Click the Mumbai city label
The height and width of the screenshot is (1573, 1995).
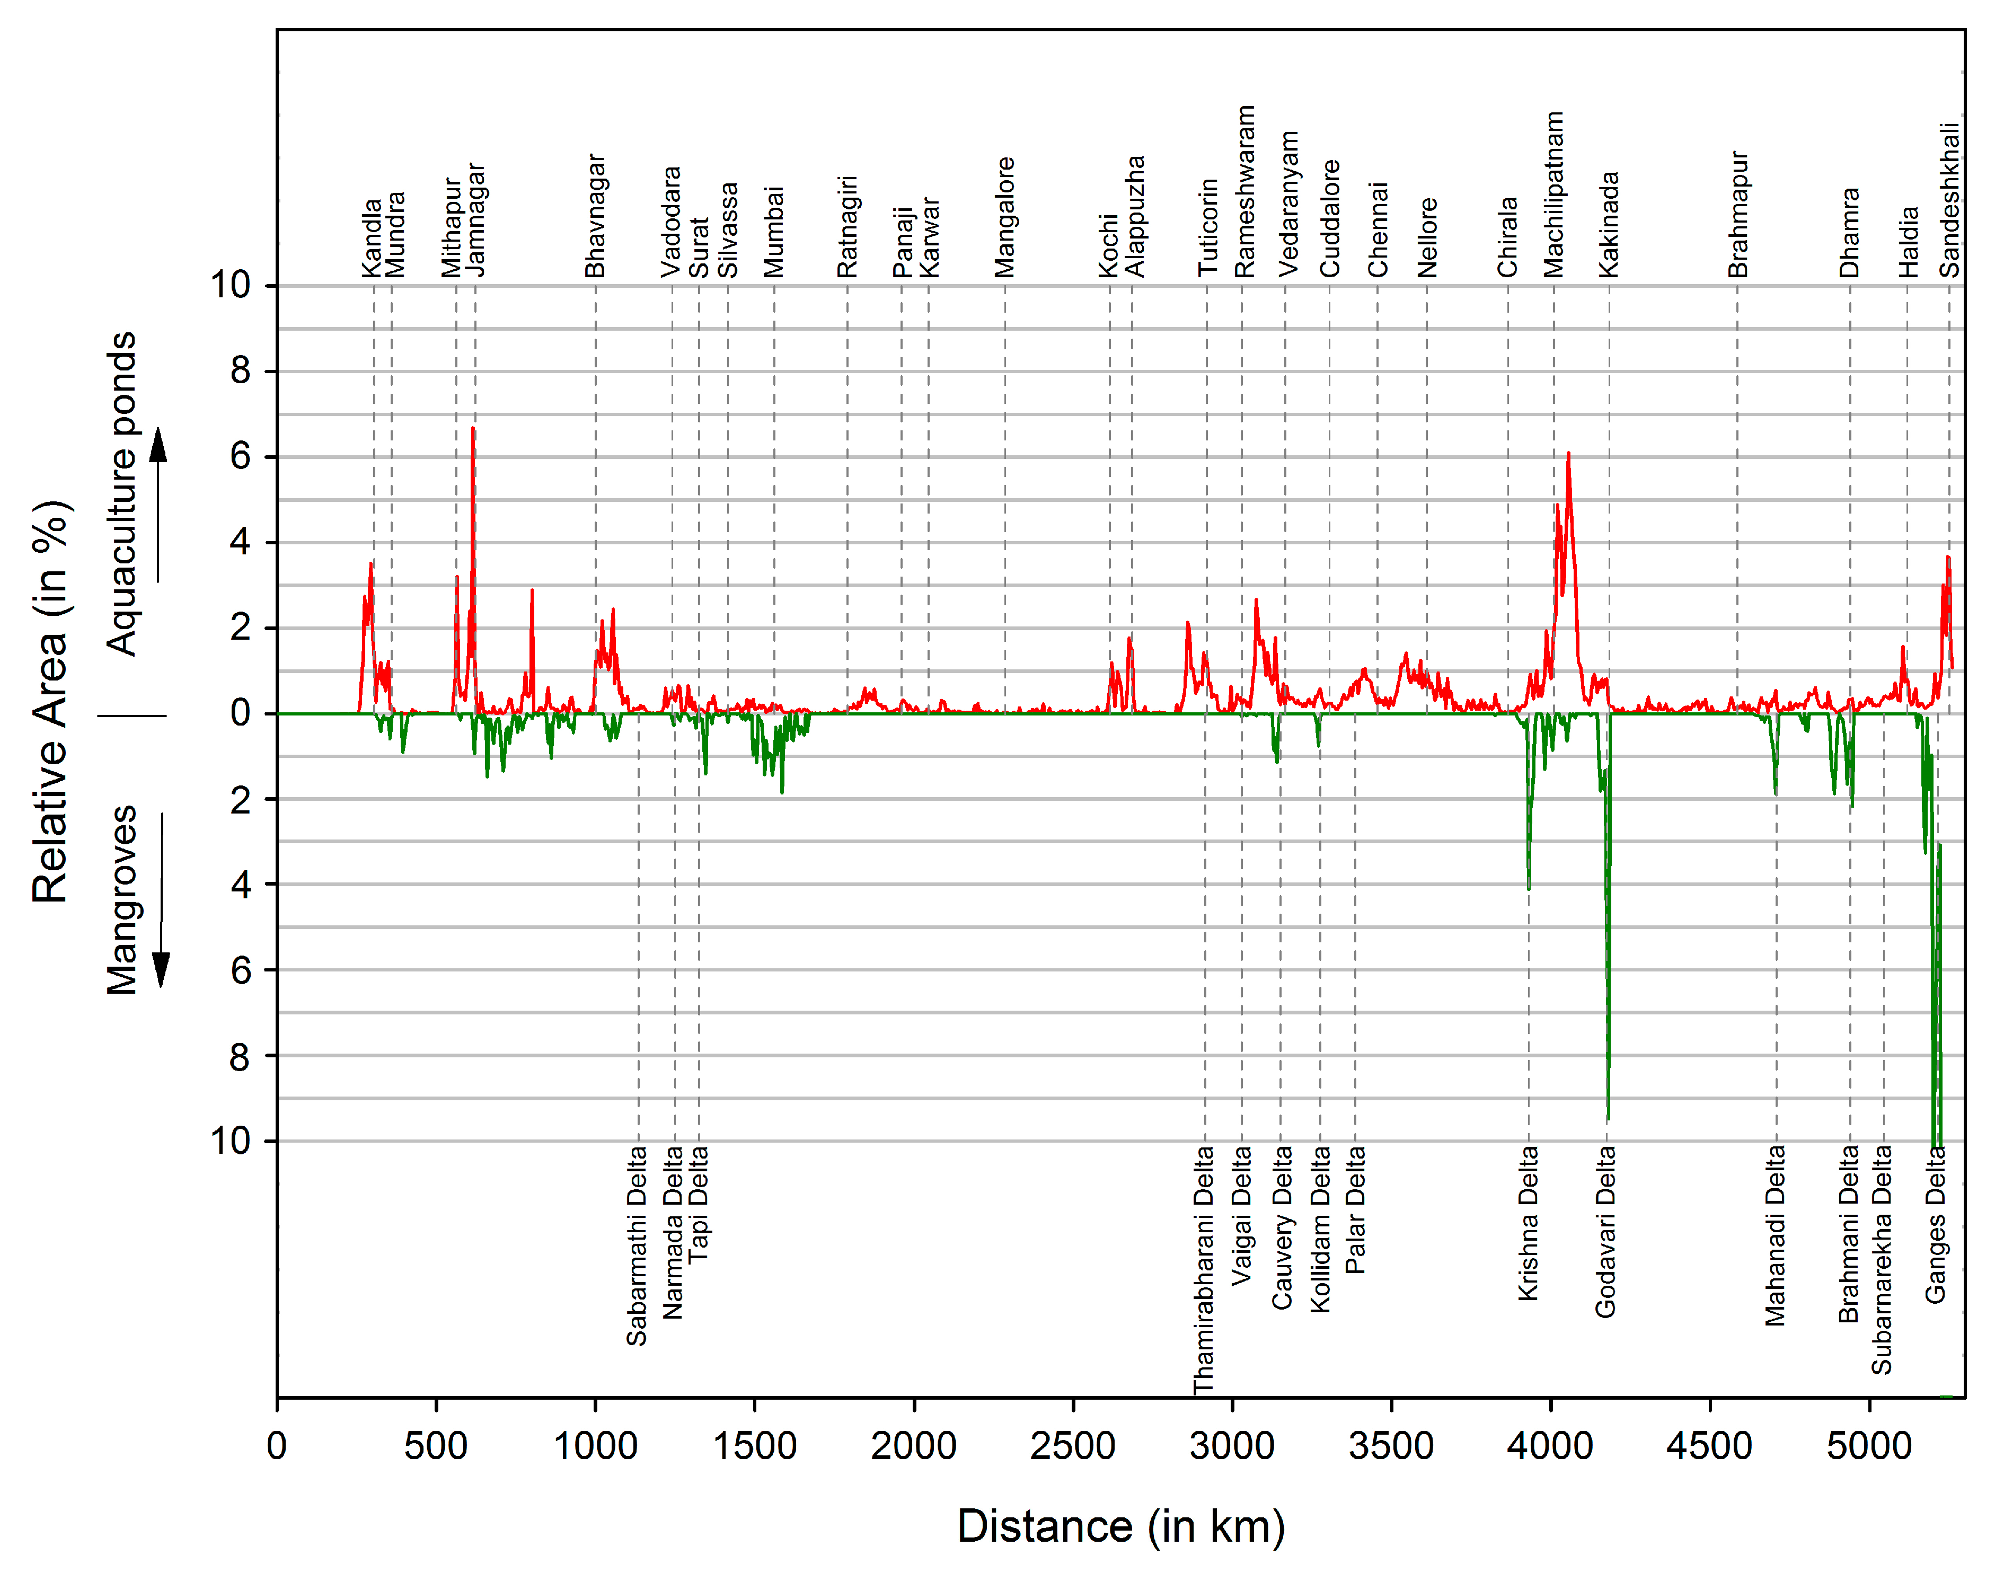click(x=774, y=232)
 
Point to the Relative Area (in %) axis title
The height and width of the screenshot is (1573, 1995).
click(x=51, y=702)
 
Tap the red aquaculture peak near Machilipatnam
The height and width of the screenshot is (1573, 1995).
click(x=1568, y=454)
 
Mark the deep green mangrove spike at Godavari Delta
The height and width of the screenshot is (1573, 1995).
click(x=1608, y=1116)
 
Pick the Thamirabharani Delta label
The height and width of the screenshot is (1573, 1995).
click(x=1204, y=1271)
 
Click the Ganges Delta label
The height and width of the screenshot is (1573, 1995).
click(x=1935, y=1225)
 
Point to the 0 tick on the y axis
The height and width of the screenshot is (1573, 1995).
click(x=241, y=714)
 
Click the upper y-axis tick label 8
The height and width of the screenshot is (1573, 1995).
click(x=241, y=371)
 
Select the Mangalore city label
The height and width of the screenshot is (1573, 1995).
click(x=1005, y=217)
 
